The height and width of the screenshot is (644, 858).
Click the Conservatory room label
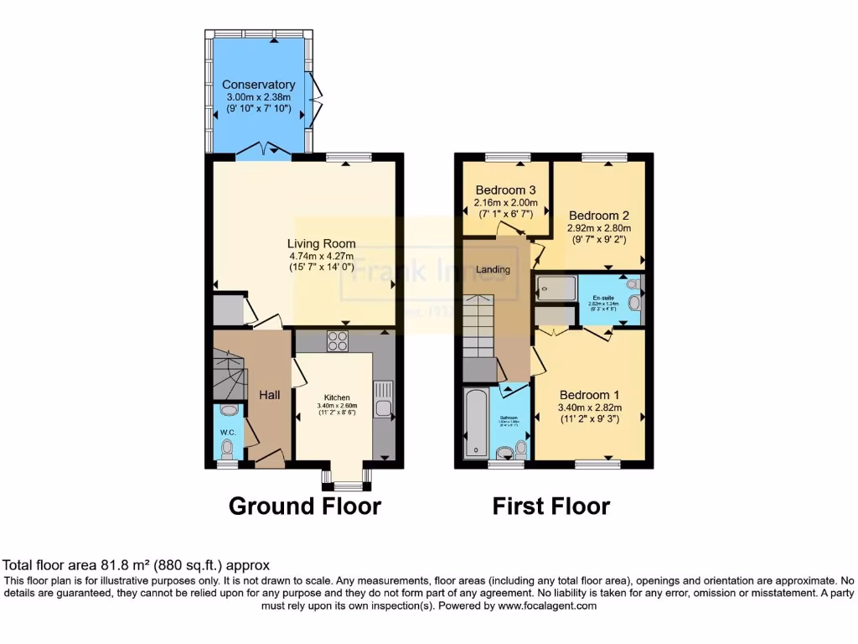[x=258, y=85]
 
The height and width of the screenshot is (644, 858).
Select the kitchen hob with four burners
[x=338, y=341]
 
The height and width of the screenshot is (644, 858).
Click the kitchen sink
[x=383, y=398]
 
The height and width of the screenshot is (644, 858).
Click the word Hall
[x=269, y=395]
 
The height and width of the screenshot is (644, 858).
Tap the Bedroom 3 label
[x=504, y=190]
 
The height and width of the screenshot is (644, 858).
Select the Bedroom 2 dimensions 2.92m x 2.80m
[x=598, y=228]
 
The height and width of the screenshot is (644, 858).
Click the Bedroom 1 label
[x=590, y=395]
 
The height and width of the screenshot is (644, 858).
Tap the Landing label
[x=494, y=269]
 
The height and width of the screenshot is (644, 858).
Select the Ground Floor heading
[x=304, y=506]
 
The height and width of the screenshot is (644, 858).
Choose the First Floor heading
[x=550, y=506]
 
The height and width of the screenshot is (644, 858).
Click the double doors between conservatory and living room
[x=263, y=152]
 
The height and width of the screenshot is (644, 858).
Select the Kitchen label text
[x=337, y=397]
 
